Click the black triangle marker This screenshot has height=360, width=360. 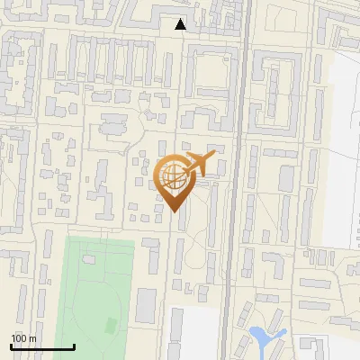[181, 24]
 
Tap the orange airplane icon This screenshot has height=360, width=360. [197, 165]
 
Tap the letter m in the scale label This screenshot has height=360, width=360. [33, 338]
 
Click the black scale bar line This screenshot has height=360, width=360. [42, 346]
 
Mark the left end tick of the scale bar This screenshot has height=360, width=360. [11, 345]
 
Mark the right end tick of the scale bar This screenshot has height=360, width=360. [74, 345]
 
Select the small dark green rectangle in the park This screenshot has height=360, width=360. [110, 324]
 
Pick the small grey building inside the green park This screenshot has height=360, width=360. [88, 259]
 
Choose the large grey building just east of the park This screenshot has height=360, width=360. [147, 306]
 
